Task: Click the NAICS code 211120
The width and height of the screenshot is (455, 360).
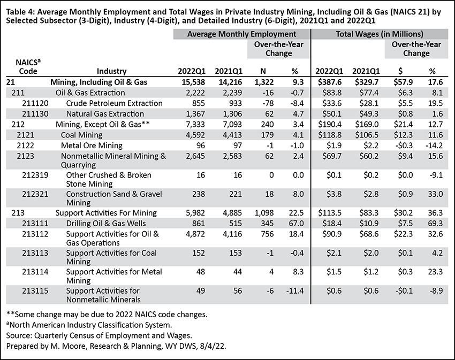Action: (35, 103)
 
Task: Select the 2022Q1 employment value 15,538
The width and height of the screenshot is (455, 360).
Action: (194, 82)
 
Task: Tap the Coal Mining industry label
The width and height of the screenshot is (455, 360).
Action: (81, 135)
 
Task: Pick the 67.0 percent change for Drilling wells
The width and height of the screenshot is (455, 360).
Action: (296, 224)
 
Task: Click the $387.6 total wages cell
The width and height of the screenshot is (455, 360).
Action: (330, 82)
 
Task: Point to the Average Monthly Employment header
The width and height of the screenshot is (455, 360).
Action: (241, 34)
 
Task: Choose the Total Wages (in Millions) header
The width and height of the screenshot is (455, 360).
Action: (380, 34)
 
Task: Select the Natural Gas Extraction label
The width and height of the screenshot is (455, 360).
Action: (105, 114)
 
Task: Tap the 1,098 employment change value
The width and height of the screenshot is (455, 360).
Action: (264, 213)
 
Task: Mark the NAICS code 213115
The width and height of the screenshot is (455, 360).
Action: (35, 290)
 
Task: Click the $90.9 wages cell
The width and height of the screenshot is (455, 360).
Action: (332, 234)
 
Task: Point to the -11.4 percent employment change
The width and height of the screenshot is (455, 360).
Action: (295, 290)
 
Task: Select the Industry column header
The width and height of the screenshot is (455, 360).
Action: (112, 71)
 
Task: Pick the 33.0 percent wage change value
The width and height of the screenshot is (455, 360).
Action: (436, 194)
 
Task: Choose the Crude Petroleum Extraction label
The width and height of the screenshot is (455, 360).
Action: (115, 103)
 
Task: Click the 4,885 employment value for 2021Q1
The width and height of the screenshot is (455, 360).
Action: (232, 213)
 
